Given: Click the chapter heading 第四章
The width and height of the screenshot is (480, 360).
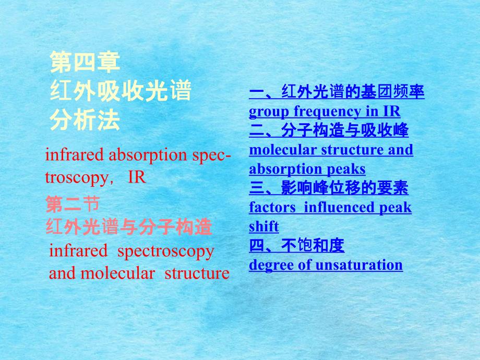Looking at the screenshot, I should pos(85,62).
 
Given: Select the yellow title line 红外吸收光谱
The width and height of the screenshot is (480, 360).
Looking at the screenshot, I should pos(121,92).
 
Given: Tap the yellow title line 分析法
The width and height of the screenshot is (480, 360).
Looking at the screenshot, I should pos(85,121).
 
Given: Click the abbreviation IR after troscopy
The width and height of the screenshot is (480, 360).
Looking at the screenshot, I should pos(137,177).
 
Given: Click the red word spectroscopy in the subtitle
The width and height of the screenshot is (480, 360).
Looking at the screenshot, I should pos(166,251).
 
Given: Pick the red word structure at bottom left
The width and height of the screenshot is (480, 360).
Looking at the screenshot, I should pos(197,273).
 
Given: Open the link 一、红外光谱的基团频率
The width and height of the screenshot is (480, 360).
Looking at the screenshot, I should pos(337,93).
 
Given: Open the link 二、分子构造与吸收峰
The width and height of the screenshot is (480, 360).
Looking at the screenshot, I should pos(329,130).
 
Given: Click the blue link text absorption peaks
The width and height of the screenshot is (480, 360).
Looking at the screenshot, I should pos(307,169).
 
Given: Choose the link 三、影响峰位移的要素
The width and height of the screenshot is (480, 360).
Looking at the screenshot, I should pos(329,188).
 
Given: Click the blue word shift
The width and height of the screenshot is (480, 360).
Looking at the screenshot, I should pos(264,226).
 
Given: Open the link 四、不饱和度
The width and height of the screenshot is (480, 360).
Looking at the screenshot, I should pos(297,245).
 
